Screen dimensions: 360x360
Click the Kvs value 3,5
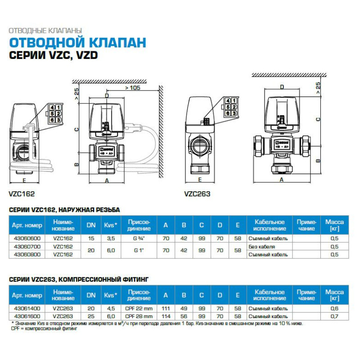tap(111, 238)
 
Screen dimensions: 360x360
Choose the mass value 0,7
tap(334, 316)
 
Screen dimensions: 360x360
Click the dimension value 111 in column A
tap(166, 308)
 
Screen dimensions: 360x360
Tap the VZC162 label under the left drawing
tap(22, 194)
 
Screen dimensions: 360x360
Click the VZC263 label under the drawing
tap(197, 194)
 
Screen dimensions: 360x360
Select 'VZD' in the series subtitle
tap(88, 56)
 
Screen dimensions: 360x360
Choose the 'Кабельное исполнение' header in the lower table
tap(270, 295)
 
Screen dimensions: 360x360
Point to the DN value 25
tap(91, 316)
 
